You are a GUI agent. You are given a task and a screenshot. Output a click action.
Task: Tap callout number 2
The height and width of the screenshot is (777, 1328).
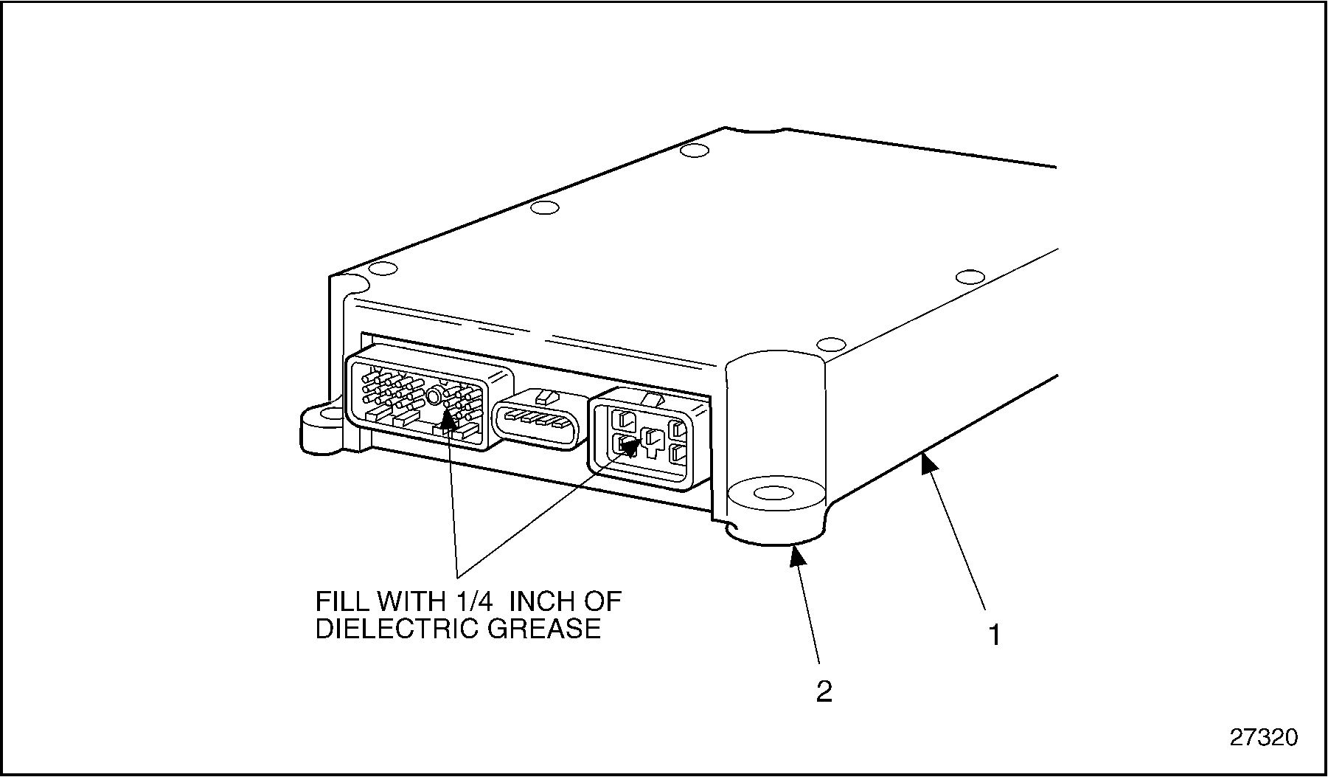click(x=824, y=691)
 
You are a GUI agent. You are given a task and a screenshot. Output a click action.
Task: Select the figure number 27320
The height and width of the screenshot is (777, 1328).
click(x=1263, y=737)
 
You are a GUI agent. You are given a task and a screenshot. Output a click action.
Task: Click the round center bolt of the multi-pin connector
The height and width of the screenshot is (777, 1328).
click(x=435, y=398)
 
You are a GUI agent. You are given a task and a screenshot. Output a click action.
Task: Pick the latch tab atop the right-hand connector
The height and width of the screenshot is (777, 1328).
click(x=652, y=398)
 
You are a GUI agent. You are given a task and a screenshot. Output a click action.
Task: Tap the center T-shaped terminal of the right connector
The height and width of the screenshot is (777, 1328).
click(x=653, y=441)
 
